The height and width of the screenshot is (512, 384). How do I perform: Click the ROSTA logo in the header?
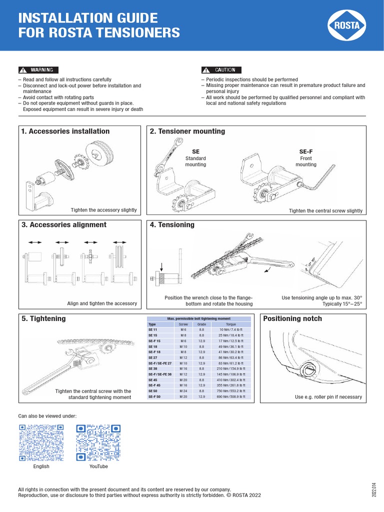[x=347, y=25]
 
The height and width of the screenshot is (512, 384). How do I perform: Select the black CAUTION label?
[x=221, y=70]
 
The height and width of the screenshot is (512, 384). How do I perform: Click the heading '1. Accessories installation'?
[x=65, y=131]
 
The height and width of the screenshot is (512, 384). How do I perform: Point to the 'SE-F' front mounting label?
[x=305, y=151]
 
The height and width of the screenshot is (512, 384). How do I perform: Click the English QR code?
[x=41, y=442]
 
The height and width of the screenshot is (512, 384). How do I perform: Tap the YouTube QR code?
[x=98, y=442]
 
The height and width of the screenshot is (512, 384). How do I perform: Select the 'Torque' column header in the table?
[x=230, y=324]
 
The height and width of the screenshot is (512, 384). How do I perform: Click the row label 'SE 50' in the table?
[x=153, y=391]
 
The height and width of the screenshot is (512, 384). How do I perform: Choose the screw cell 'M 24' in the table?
[x=183, y=391]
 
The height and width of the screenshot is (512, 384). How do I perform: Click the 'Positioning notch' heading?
[x=292, y=318]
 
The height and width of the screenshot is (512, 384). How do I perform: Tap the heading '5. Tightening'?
[x=44, y=318]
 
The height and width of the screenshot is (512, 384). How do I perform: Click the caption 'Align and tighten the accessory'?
[x=102, y=303]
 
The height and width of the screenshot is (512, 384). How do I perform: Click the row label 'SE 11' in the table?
[x=153, y=330]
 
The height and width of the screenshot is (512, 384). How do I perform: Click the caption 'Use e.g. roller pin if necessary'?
[x=328, y=397]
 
